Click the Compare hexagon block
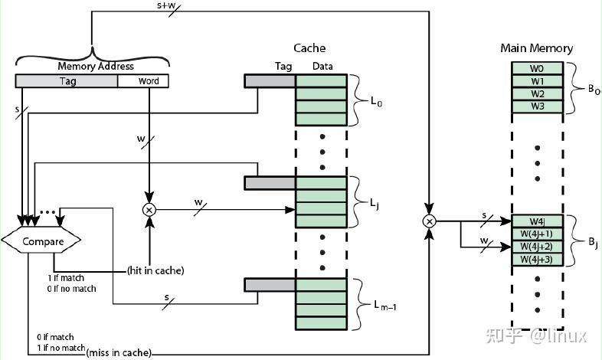(41, 241)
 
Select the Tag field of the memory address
(67, 81)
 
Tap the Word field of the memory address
(143, 81)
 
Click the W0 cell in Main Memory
(537, 68)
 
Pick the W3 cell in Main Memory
(537, 106)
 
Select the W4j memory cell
(537, 221)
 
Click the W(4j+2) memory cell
(537, 247)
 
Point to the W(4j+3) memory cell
(537, 259)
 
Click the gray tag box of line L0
(270, 81)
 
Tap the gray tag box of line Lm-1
(270, 285)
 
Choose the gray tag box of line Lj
(270, 183)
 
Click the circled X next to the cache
(149, 210)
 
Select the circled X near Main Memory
(429, 221)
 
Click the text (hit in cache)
(155, 270)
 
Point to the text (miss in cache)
(119, 352)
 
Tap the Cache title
(309, 48)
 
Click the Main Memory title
(537, 48)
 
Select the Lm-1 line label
(385, 306)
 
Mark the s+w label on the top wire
(166, 7)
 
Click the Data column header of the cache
(322, 66)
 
